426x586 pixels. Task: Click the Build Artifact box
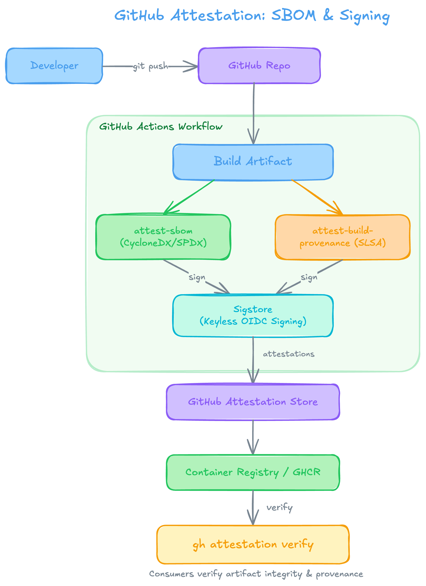(x=253, y=161)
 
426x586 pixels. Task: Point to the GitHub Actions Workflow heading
(x=161, y=127)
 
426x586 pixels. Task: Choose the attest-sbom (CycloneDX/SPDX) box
(x=163, y=237)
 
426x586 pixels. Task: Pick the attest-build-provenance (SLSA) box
(x=343, y=237)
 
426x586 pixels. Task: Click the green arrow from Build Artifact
(x=190, y=196)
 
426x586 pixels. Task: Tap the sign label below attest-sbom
(x=197, y=277)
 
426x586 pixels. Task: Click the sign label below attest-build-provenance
(x=309, y=277)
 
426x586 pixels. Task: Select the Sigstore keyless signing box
(x=253, y=315)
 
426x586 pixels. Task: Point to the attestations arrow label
(x=288, y=354)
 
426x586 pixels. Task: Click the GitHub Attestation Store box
(x=253, y=402)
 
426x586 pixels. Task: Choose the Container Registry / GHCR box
(x=253, y=472)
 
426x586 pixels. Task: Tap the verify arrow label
(x=280, y=507)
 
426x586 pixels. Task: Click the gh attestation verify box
(x=253, y=544)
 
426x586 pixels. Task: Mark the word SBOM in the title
(x=294, y=16)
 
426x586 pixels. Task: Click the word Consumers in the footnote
(x=171, y=574)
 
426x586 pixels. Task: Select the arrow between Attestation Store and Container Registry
(x=253, y=437)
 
